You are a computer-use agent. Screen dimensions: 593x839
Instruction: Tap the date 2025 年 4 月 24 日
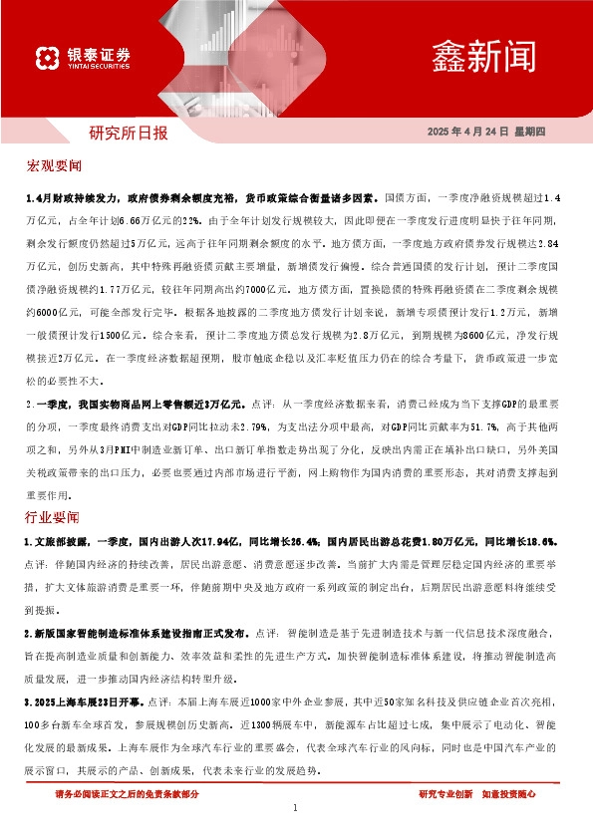click(476, 133)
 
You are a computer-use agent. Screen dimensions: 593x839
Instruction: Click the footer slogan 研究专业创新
click(445, 794)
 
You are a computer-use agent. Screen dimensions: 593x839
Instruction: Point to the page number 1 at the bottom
click(296, 809)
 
